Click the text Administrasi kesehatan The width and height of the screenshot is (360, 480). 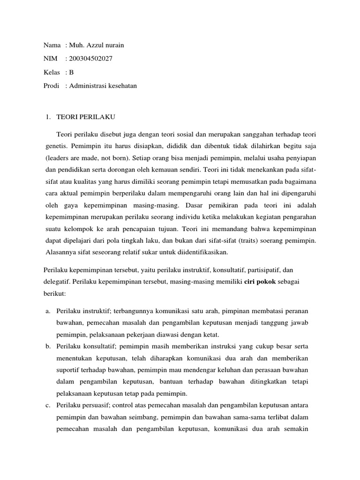[103, 86]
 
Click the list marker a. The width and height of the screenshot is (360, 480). [48, 311]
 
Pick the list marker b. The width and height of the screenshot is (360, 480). [48, 345]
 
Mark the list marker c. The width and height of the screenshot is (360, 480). [48, 405]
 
